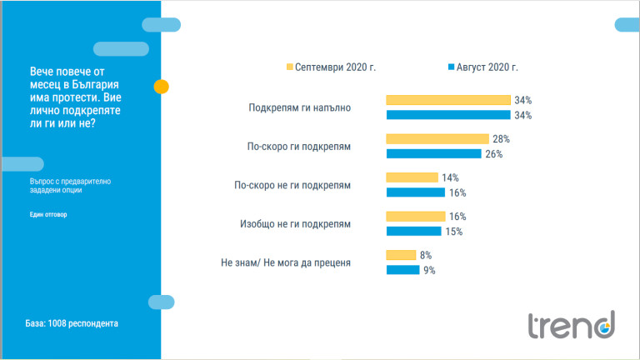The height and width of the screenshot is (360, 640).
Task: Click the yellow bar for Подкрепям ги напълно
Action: (448, 100)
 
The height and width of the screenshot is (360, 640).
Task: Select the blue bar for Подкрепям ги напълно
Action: (448, 115)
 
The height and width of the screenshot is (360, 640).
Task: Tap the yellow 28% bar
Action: (437, 138)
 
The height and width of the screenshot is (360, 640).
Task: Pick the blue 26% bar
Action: (433, 153)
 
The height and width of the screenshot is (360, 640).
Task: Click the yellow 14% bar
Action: (412, 177)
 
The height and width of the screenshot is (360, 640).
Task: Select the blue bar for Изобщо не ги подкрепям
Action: (413, 231)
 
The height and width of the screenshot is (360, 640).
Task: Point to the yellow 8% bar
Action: (401, 255)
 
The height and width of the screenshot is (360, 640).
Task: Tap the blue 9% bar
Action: (402, 270)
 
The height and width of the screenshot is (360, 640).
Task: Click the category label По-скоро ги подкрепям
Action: (297, 146)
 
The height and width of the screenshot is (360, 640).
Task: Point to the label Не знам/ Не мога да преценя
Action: (286, 263)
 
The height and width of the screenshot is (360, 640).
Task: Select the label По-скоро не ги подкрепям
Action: (292, 185)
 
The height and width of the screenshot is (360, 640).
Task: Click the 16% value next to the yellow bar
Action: (457, 216)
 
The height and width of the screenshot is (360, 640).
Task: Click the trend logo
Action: (570, 324)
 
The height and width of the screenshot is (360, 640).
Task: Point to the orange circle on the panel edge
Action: (162, 86)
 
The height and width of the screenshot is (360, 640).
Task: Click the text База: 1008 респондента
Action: (71, 323)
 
